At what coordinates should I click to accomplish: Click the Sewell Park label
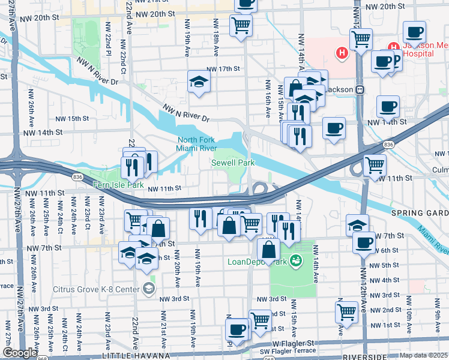[231, 163]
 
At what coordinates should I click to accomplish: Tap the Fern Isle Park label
[118, 185]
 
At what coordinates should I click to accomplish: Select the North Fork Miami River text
[196, 145]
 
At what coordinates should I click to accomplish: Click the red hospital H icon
[342, 53]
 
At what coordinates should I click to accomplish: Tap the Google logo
[20, 353]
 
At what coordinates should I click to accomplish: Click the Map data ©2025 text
[424, 356]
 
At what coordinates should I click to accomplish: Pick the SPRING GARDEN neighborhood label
[420, 213]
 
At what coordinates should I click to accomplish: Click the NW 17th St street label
[223, 69]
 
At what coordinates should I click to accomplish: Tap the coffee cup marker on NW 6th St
[363, 242]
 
